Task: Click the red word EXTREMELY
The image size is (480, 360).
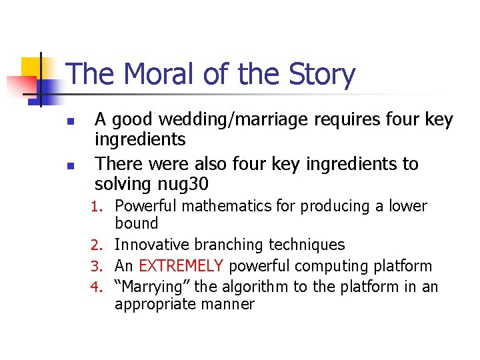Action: (x=181, y=266)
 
